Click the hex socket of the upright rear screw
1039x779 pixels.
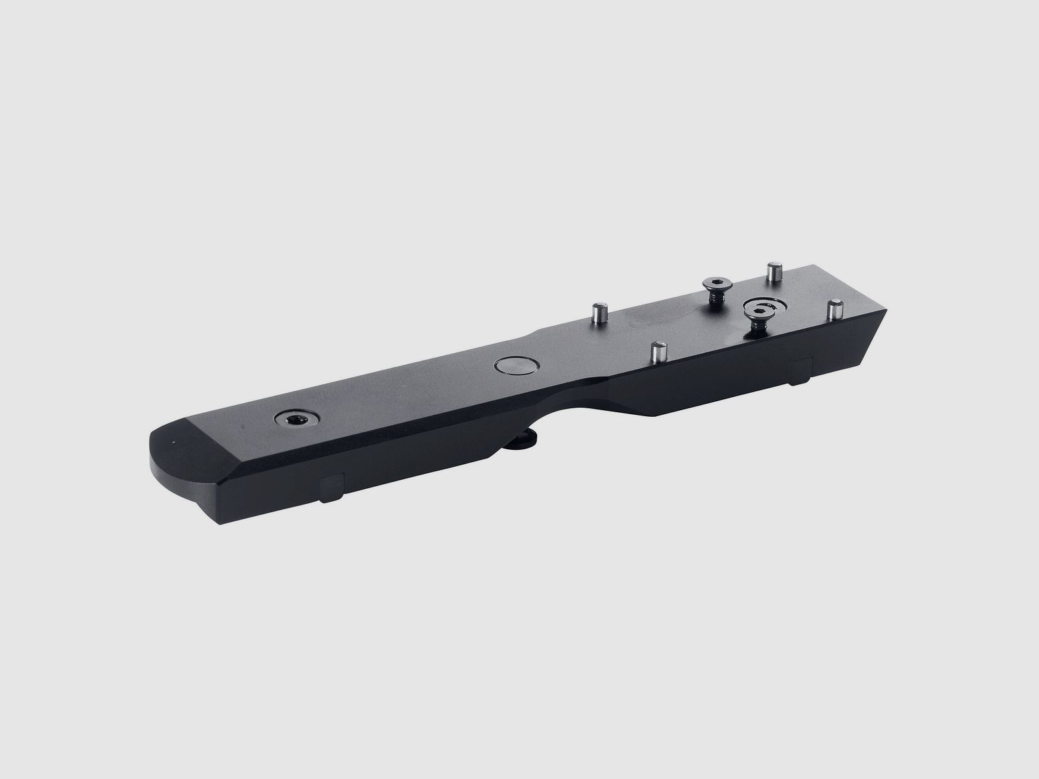[x=717, y=282]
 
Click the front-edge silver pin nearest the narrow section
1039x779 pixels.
[x=658, y=352]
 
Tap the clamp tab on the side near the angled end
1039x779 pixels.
[x=800, y=370]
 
